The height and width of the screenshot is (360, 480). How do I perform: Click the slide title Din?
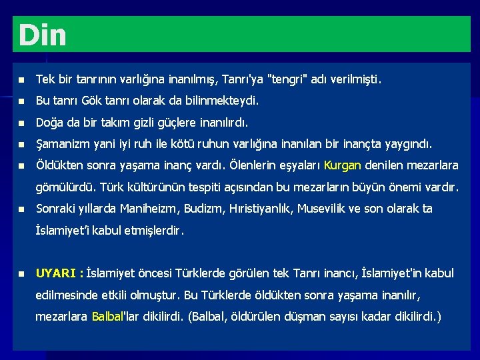tap(43, 35)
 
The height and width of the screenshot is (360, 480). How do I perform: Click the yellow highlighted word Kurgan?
tap(342, 165)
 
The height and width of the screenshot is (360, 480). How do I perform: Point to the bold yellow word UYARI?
tap(57, 273)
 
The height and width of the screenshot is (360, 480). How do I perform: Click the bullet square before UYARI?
tap(21, 273)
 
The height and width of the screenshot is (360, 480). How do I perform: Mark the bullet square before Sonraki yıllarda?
tap(21, 209)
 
